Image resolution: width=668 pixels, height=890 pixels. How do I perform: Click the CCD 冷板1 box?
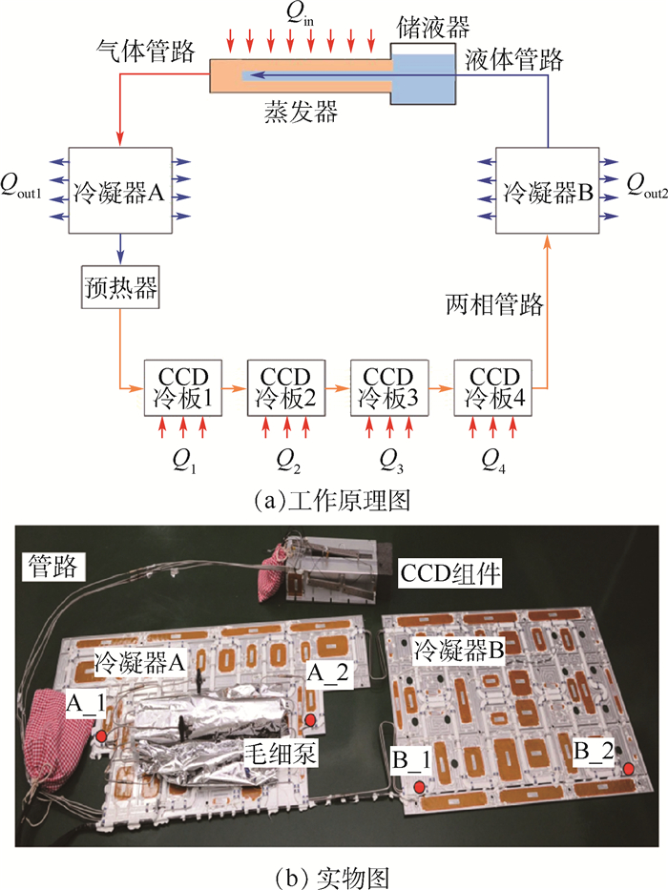click(182, 387)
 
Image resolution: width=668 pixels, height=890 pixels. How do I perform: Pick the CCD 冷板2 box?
click(286, 387)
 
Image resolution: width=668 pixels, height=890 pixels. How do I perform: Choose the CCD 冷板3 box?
click(390, 387)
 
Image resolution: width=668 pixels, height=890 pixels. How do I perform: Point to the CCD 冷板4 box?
click(492, 387)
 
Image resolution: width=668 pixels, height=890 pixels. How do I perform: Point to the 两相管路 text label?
click(494, 305)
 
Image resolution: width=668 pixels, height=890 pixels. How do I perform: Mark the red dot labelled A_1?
click(101, 736)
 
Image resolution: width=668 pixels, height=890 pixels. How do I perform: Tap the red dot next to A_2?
click(311, 718)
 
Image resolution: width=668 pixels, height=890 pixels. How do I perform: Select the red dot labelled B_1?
click(419, 787)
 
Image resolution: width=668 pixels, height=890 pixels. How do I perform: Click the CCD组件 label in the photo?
click(445, 575)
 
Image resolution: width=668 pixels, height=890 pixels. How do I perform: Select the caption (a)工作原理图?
click(333, 498)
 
